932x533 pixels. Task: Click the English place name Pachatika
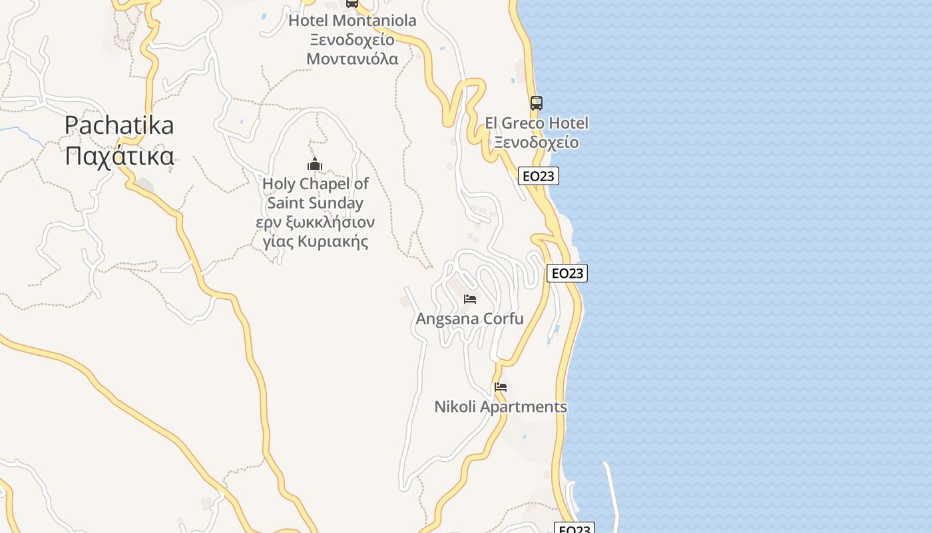tap(119, 125)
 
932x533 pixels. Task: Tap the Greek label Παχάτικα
tap(120, 157)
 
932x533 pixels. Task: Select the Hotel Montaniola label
tap(352, 21)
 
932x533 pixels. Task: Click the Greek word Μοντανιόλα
tap(352, 59)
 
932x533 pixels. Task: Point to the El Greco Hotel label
tap(536, 123)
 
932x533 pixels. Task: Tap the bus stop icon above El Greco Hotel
tap(536, 103)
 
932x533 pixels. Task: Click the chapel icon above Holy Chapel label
tap(315, 165)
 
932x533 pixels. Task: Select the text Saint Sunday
tap(316, 203)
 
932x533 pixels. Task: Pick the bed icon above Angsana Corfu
tap(470, 299)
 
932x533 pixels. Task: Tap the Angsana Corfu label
tap(469, 319)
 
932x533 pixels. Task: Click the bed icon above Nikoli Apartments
tap(501, 386)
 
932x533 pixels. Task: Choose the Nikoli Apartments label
tap(501, 406)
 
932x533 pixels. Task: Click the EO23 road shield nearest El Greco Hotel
tap(538, 176)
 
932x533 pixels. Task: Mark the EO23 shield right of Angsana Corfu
tap(567, 273)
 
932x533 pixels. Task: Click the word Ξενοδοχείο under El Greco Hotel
tap(536, 143)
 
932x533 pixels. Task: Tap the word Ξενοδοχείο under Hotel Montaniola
tap(352, 39)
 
